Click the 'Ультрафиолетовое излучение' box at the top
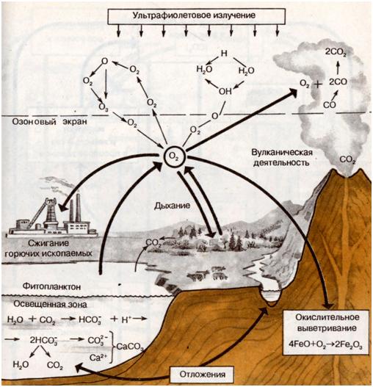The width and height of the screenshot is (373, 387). point(197,16)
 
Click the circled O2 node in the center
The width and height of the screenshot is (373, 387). point(174,157)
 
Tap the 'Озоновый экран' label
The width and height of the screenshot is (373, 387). point(50,122)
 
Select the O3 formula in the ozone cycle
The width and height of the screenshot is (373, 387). point(104,108)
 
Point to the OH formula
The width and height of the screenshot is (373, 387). point(225,91)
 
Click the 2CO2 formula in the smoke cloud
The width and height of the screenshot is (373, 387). point(336,52)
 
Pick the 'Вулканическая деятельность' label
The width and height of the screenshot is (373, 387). point(282,157)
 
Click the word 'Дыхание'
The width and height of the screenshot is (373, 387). point(173,206)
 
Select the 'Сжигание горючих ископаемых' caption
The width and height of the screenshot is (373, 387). point(48,248)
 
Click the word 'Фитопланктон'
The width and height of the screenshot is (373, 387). point(51,287)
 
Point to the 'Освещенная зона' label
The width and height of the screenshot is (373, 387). point(50,304)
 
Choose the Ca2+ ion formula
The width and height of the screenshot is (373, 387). point(98,357)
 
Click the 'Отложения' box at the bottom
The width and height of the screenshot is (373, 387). point(203,375)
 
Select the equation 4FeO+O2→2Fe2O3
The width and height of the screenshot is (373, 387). point(326,344)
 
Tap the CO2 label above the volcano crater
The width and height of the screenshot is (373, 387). point(347,160)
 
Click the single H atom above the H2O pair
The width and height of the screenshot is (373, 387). point(224,53)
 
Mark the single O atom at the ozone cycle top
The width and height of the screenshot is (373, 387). point(105,61)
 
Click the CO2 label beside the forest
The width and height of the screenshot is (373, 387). point(153,243)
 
